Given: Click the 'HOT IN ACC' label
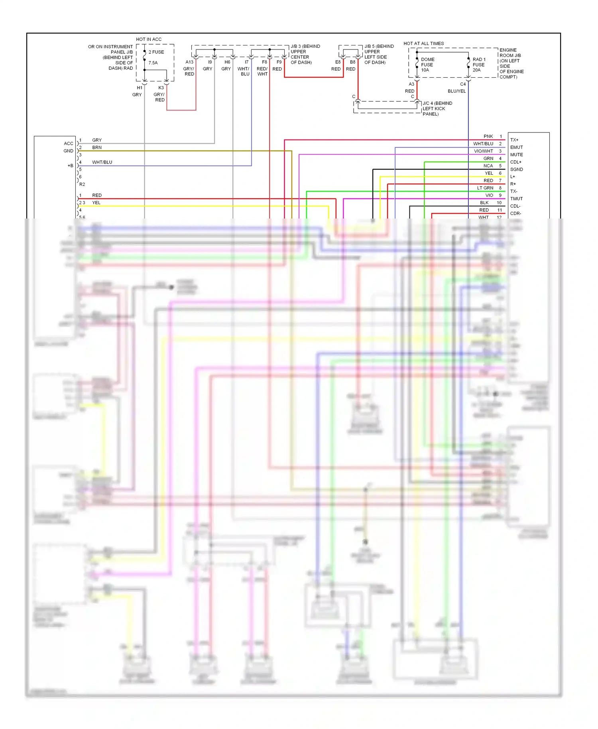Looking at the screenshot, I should (149, 39).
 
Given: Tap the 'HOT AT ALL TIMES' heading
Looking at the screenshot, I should (423, 43).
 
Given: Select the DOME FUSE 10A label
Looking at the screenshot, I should (427, 65).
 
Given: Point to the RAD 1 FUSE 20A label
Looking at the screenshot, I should (479, 65).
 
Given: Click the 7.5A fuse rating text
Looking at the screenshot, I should (153, 63).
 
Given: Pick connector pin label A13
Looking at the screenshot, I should (189, 62).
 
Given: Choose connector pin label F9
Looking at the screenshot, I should (279, 62).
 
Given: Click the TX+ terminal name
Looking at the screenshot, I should (514, 140).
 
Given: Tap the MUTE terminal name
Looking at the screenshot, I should (516, 155).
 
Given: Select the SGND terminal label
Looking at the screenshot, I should (516, 169).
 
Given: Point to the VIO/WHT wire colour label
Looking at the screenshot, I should (483, 151).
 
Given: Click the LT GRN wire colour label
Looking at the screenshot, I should (485, 188).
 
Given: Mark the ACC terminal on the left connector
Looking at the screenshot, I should (69, 144).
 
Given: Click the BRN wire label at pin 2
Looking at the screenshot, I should (97, 148).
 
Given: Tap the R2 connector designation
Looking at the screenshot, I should (82, 184).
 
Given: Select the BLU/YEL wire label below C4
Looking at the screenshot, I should (456, 91).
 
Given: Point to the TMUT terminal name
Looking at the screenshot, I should (516, 199).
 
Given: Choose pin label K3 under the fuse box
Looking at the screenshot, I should (161, 88).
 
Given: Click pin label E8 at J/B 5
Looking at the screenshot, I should (338, 62).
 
